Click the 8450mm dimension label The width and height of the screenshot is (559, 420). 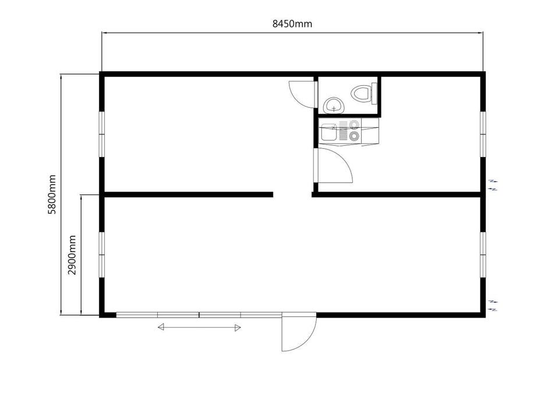(x=292, y=24)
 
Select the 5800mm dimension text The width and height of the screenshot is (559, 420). (x=52, y=194)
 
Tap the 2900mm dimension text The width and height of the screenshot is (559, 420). (x=72, y=255)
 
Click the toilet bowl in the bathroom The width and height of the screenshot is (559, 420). (x=361, y=93)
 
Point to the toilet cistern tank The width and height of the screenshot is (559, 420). (x=374, y=93)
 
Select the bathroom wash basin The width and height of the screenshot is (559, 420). (x=334, y=105)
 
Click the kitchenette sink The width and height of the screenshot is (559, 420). (x=328, y=132)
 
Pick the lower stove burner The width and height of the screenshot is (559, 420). (x=354, y=136)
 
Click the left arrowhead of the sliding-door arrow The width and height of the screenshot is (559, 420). (x=161, y=327)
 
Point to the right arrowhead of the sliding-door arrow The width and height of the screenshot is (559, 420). (x=238, y=327)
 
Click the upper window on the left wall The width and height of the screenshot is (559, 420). (x=102, y=134)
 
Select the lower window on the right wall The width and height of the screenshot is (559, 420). (x=483, y=255)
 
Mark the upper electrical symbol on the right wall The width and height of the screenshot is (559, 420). (x=493, y=185)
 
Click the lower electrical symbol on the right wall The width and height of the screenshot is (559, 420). (x=493, y=306)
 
